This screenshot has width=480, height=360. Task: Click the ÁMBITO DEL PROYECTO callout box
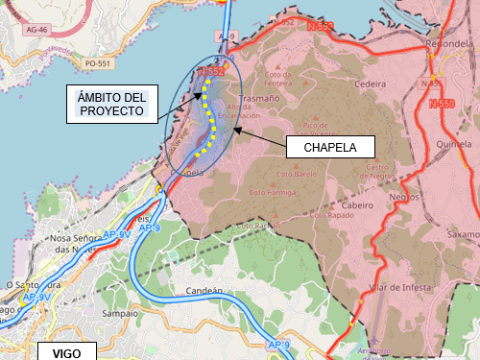coord(111,104)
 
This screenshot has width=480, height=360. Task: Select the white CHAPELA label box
coord(330,148)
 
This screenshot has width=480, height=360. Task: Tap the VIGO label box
coord(66,352)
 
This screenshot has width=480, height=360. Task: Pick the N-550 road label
coord(442,104)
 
